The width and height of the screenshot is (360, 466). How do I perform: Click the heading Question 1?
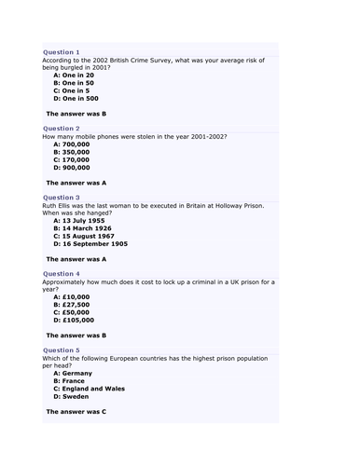click(x=62, y=52)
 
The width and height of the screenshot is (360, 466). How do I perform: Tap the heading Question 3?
click(x=62, y=198)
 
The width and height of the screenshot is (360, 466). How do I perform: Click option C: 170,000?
click(x=72, y=160)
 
